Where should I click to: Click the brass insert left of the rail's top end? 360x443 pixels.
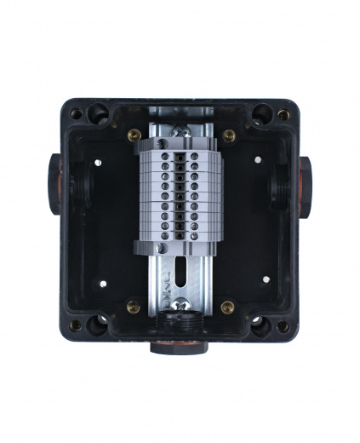click(x=134, y=135)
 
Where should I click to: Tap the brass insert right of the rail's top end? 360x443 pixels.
click(x=228, y=135)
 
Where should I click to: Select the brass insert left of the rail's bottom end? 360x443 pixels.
click(x=134, y=307)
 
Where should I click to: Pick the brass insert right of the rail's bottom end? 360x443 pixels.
click(x=227, y=307)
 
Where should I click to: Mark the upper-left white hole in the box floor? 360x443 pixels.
click(x=100, y=163)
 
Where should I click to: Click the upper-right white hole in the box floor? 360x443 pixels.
click(x=259, y=163)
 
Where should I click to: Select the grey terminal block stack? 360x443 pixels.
click(x=180, y=192)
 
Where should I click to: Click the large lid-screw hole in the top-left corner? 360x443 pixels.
click(x=99, y=112)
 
